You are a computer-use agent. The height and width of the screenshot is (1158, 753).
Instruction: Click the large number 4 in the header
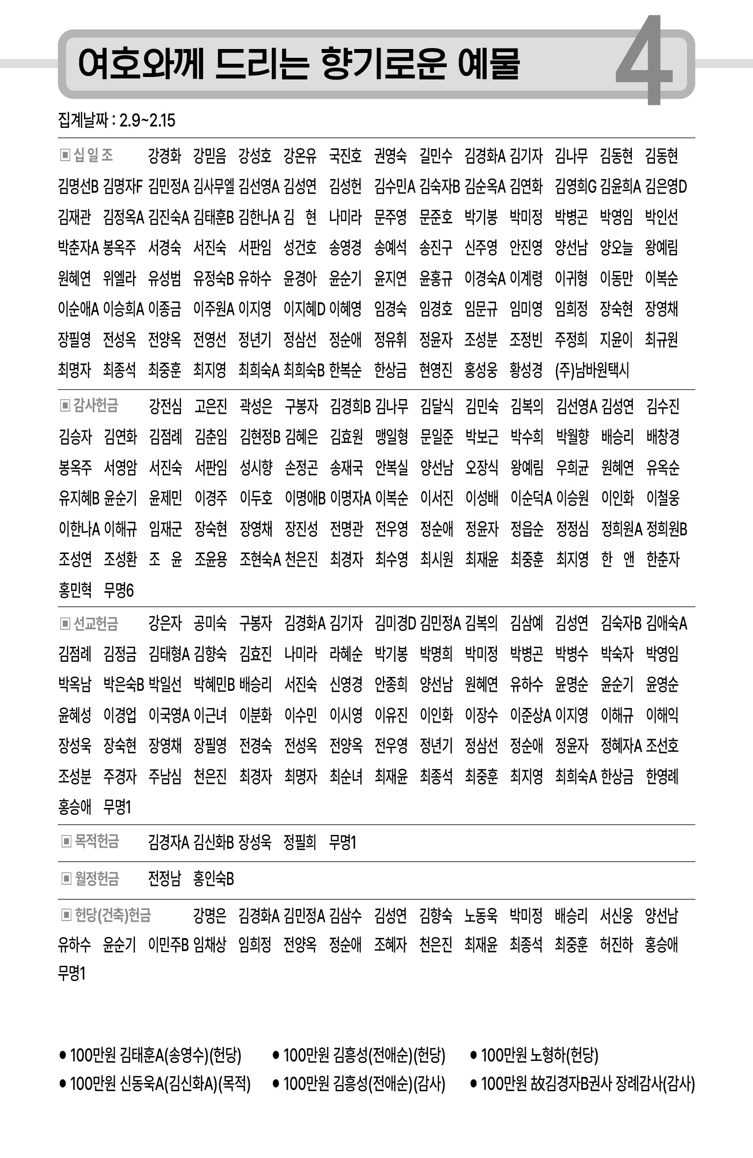[644, 61]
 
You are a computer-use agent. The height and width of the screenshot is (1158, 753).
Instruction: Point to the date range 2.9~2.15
[147, 121]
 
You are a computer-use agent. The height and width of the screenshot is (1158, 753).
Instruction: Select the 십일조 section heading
[93, 155]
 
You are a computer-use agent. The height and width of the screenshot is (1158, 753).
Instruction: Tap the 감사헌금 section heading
[96, 405]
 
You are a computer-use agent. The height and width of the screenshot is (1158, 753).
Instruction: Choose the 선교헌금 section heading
[96, 624]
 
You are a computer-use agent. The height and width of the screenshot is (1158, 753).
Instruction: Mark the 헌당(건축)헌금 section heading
[112, 915]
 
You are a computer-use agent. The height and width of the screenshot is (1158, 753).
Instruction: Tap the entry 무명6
[119, 590]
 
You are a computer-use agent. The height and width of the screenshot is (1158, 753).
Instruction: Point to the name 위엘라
[120, 278]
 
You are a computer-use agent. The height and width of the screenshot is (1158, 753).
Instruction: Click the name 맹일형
[391, 436]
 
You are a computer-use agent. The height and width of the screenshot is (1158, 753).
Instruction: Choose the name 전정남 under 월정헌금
[164, 879]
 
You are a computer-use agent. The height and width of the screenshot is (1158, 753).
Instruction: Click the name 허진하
[616, 944]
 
